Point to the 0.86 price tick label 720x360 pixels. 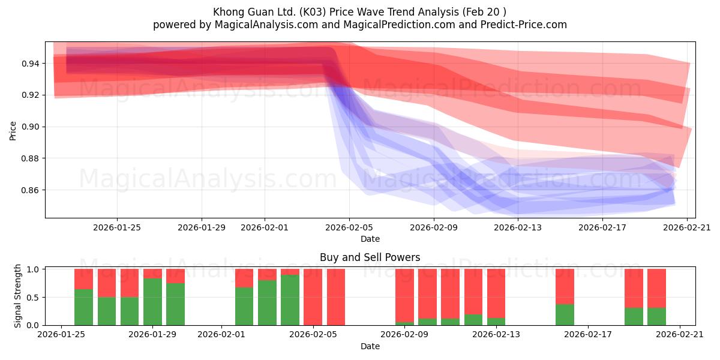coord(30,190)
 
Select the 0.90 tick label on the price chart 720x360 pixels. coord(30,127)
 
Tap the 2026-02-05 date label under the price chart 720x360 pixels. coord(349,227)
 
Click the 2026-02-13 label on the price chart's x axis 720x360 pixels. coord(517,227)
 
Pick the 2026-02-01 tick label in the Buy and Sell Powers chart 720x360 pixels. coord(221,334)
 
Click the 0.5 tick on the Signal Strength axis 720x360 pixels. coord(33,298)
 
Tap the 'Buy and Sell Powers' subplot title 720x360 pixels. coord(370,257)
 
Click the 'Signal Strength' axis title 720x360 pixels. coord(17,296)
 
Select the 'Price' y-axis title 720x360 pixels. coord(13,131)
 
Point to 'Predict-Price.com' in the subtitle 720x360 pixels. coord(524,25)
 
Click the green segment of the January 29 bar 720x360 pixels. coord(152,302)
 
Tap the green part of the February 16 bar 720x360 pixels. coord(565,314)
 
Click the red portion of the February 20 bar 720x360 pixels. coord(656,289)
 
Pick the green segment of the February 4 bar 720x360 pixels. coord(290,300)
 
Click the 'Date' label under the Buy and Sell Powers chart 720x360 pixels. coord(370,346)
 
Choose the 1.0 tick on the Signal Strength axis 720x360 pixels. coord(33,269)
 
